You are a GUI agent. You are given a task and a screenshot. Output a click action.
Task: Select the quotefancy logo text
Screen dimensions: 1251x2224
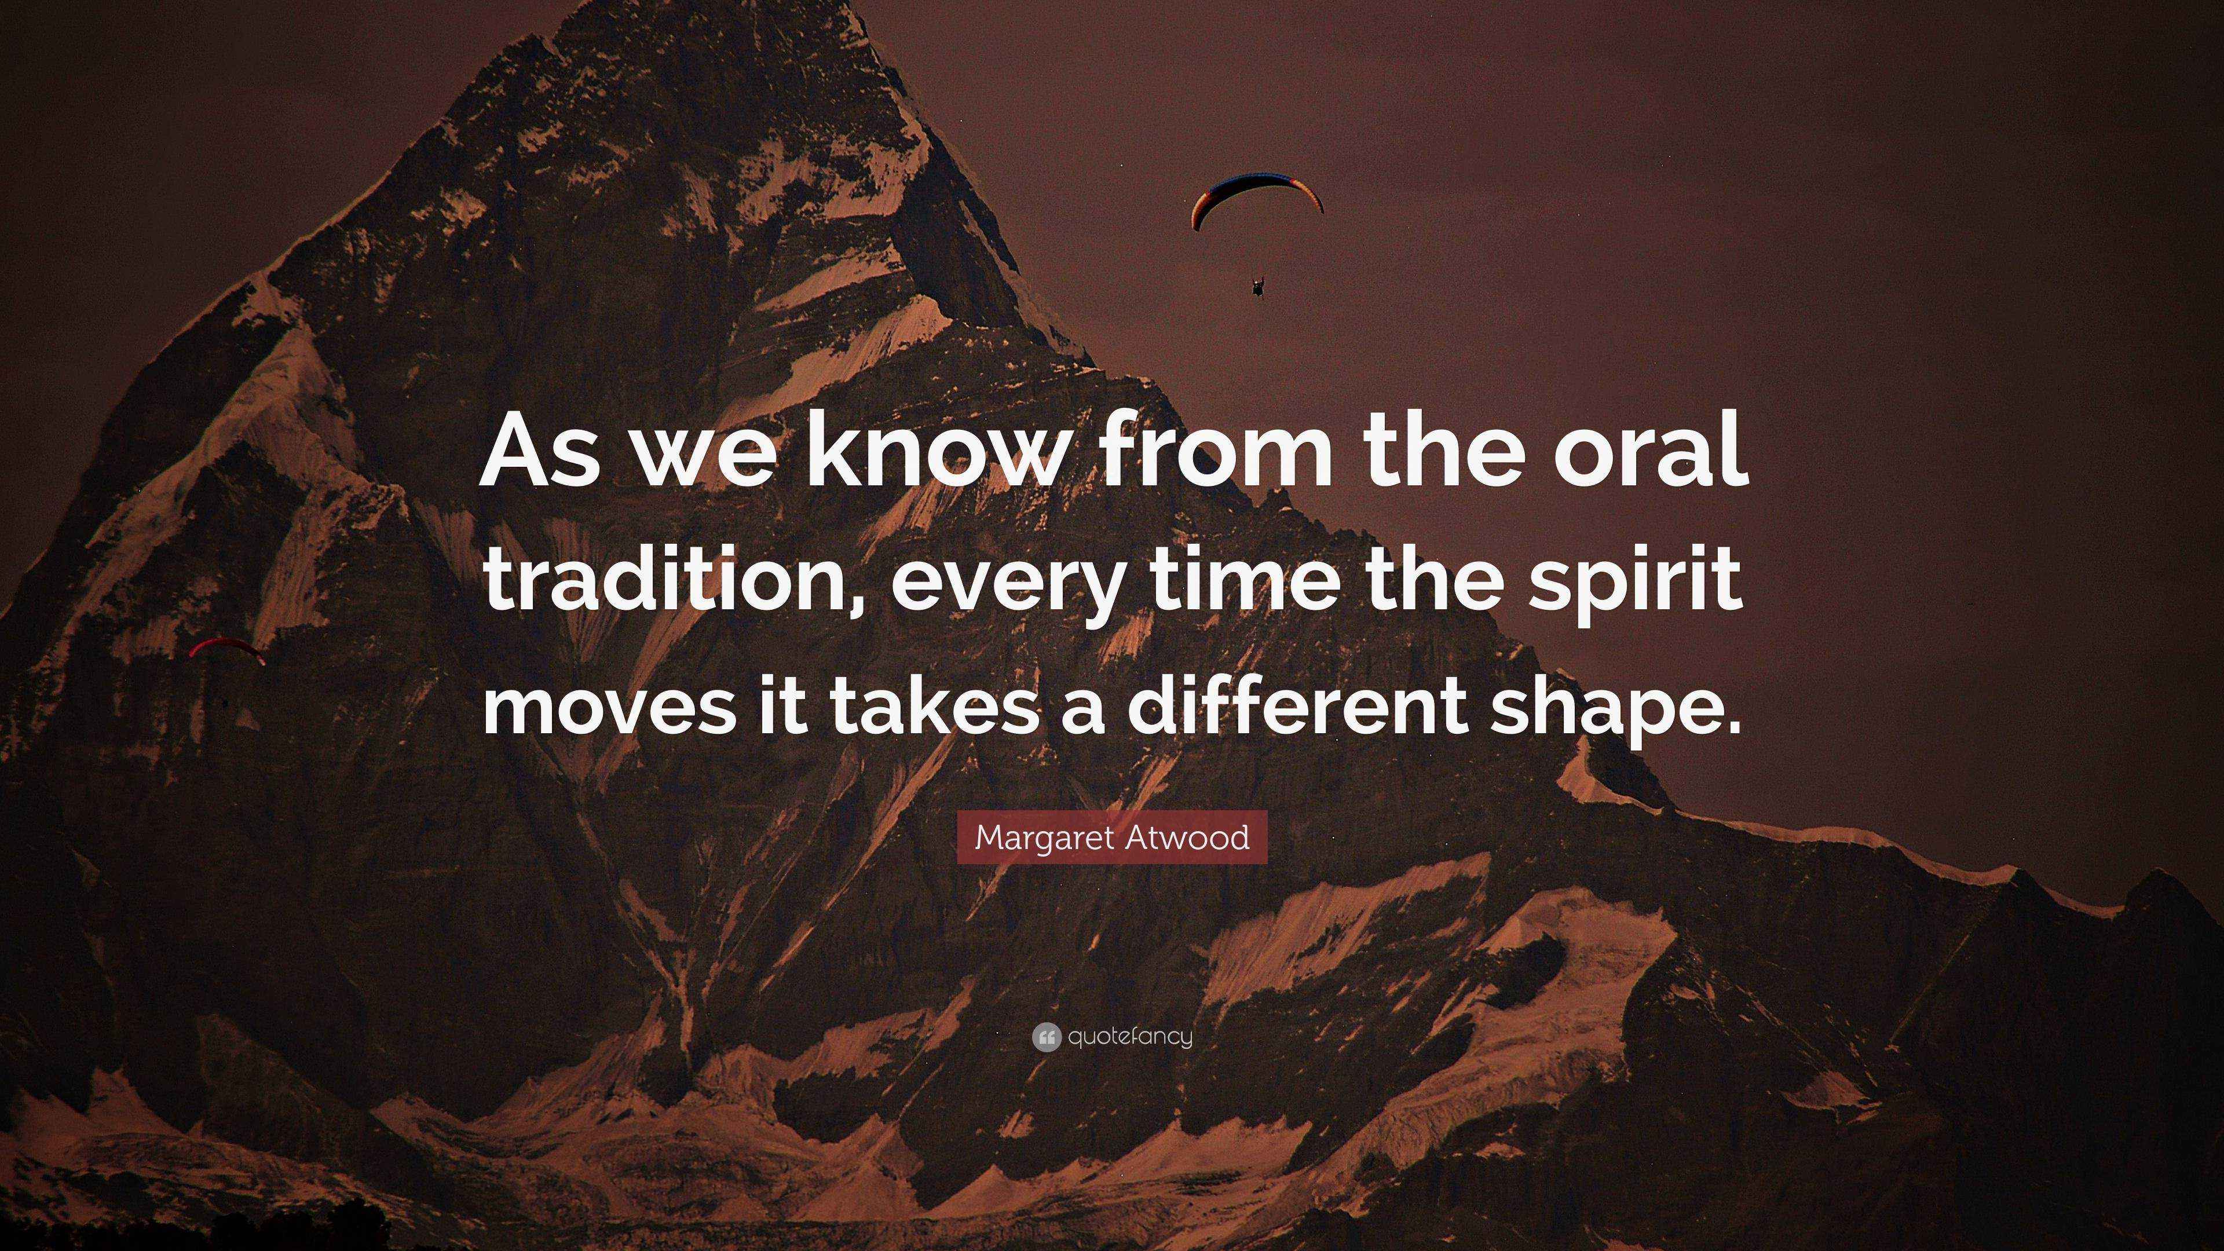(x=1129, y=1037)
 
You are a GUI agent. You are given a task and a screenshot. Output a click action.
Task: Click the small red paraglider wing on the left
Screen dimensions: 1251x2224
(x=226, y=648)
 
